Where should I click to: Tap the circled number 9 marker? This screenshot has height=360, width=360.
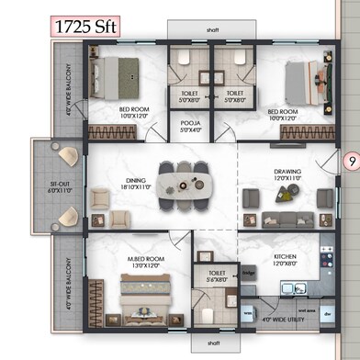point(350,163)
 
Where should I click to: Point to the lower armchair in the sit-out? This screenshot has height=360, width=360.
point(66,217)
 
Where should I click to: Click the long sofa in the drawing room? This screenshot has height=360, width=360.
point(286,219)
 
